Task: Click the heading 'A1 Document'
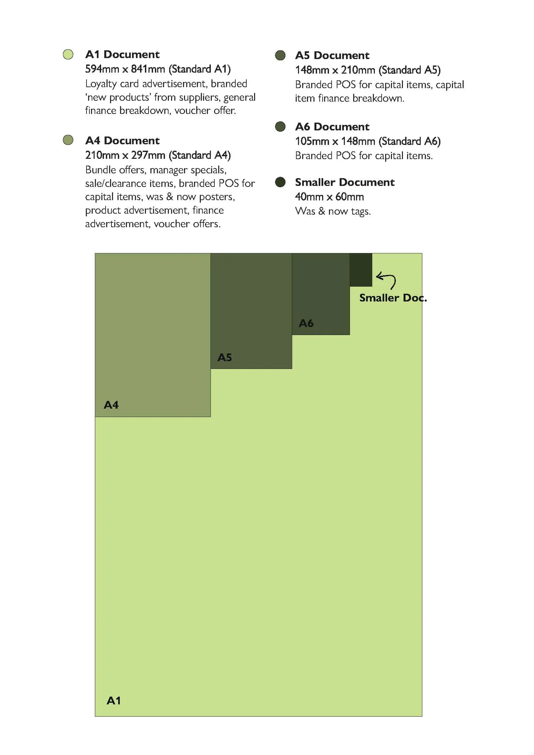click(122, 54)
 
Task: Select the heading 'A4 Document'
click(122, 141)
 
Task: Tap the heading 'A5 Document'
click(332, 56)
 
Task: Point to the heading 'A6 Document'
click(332, 127)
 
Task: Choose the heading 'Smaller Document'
click(345, 182)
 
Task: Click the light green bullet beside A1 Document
click(68, 54)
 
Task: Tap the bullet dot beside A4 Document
click(68, 140)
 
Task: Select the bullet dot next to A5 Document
click(280, 55)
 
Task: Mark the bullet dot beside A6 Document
click(280, 126)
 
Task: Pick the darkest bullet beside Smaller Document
click(280, 182)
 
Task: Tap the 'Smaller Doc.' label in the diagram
click(393, 298)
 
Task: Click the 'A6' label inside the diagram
click(306, 323)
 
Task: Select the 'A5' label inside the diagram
click(225, 357)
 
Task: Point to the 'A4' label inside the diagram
click(111, 405)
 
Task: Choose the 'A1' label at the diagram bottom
click(114, 701)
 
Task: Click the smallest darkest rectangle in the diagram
click(361, 270)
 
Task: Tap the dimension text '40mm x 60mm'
click(329, 197)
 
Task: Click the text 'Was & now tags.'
click(333, 211)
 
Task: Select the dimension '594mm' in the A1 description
click(102, 69)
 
